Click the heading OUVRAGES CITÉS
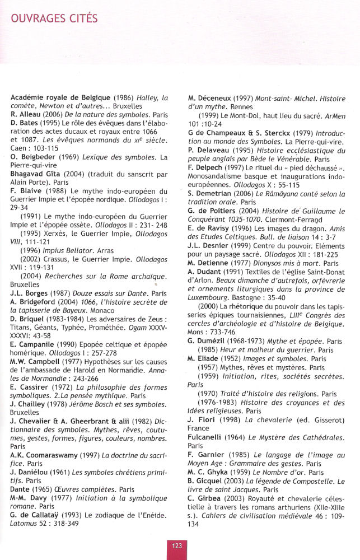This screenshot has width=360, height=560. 54,18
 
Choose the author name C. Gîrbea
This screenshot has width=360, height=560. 207,498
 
